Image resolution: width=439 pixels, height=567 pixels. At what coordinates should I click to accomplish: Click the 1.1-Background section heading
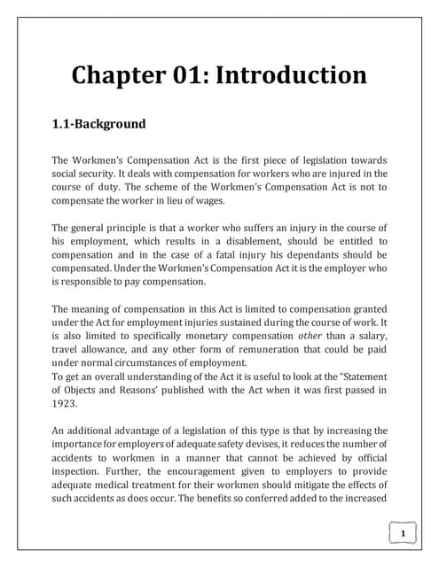pyautogui.click(x=99, y=123)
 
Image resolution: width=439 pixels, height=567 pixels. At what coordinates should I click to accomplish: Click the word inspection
pyautogui.click(x=81, y=459)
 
